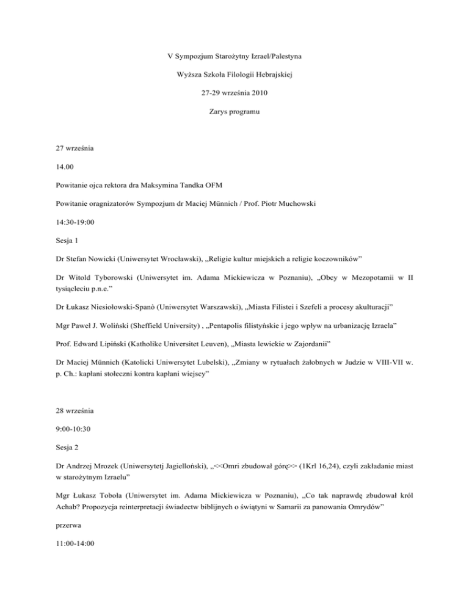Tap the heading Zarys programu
[234, 114]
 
